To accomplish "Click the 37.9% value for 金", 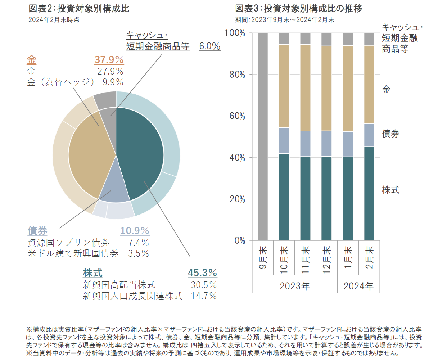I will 109,60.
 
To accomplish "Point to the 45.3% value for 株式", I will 202,273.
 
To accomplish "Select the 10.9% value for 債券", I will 135,231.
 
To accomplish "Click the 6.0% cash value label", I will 210,46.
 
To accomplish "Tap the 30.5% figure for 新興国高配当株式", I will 204,285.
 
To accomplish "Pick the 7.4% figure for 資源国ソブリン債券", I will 139,243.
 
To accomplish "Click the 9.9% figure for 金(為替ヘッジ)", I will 113,82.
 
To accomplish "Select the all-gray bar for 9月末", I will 263,137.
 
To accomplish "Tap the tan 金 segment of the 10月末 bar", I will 284,86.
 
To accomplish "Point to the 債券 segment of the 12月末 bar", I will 326,144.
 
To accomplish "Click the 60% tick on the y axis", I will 237,116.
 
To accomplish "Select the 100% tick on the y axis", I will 235,33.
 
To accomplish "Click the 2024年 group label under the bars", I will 358,286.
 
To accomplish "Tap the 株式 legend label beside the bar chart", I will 390,190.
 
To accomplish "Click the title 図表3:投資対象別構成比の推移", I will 299,8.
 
